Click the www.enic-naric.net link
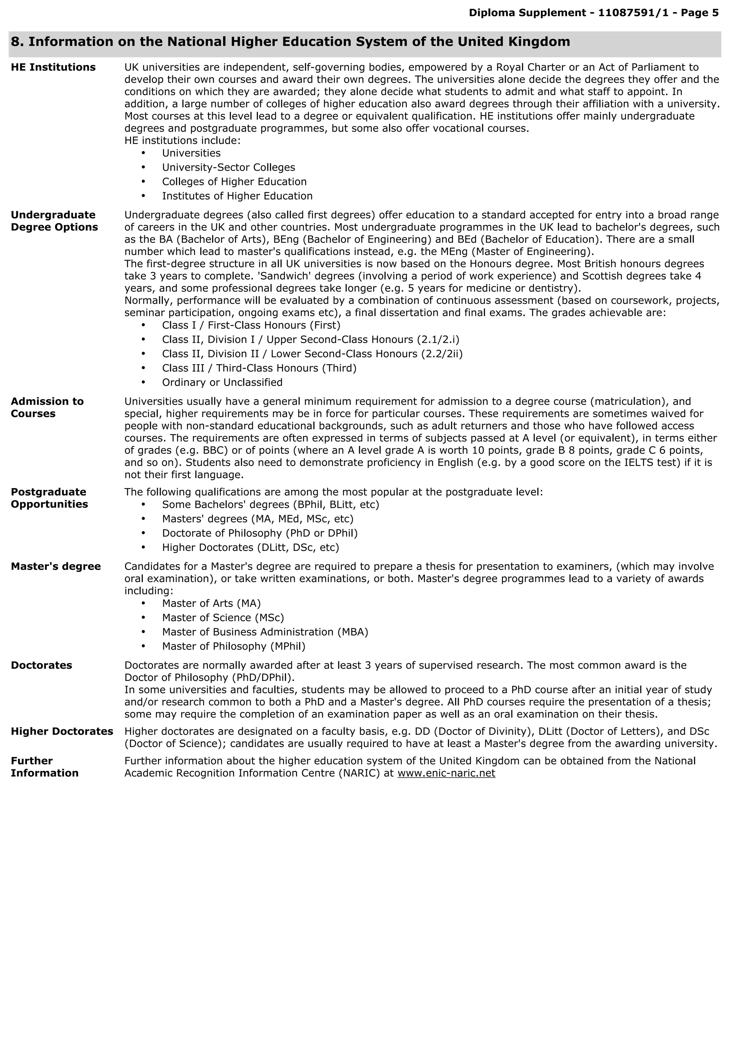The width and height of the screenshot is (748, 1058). pyautogui.click(x=446, y=773)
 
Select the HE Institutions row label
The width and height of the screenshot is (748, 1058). pyautogui.click(x=53, y=67)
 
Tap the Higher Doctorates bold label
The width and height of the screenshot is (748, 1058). pyautogui.click(x=62, y=731)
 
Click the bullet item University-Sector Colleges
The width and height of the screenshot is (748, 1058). pyautogui.click(x=228, y=167)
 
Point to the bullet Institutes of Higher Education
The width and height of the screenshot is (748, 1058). pyautogui.click(x=237, y=196)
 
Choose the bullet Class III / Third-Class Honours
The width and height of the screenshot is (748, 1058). pyautogui.click(x=259, y=368)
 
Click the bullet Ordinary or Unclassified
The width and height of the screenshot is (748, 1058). pyautogui.click(x=222, y=382)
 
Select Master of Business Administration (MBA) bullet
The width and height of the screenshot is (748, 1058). pyautogui.click(x=265, y=632)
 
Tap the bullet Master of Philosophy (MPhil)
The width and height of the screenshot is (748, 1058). pyautogui.click(x=233, y=646)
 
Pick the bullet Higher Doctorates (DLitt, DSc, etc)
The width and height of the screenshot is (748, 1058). pyautogui.click(x=250, y=547)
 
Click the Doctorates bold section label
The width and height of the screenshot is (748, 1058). pyautogui.click(x=41, y=665)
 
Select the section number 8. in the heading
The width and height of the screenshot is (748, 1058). pyautogui.click(x=18, y=42)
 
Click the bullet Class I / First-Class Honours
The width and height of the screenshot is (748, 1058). pyautogui.click(x=251, y=325)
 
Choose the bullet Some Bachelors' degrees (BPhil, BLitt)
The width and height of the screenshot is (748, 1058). pyautogui.click(x=270, y=504)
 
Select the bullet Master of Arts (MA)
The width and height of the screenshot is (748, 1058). pyautogui.click(x=211, y=603)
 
